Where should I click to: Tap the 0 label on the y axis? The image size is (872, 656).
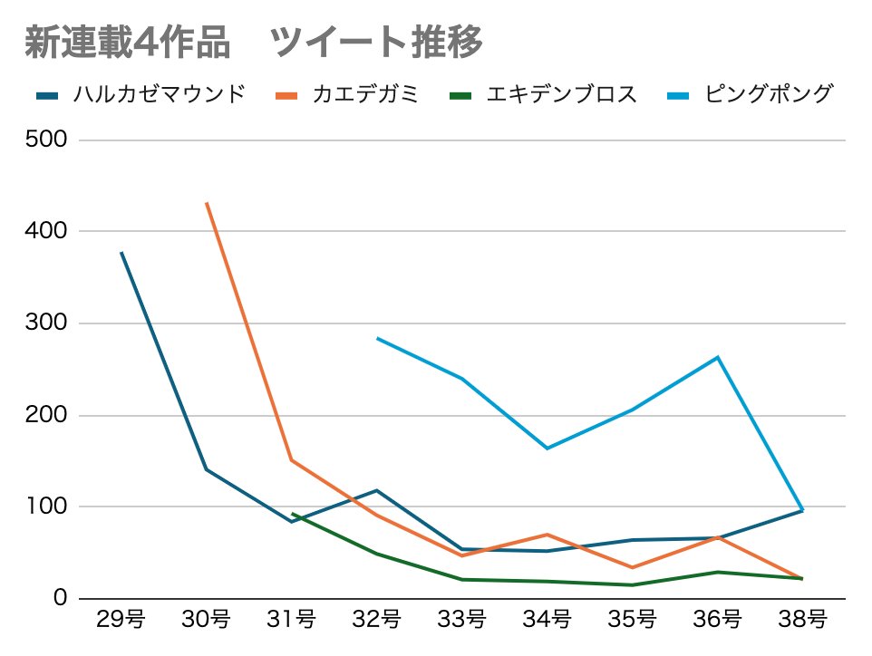[60, 598]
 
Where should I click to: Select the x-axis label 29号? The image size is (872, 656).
[121, 621]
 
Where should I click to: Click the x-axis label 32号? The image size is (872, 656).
[376, 621]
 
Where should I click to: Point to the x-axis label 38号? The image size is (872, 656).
[803, 621]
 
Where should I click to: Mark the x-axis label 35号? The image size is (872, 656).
[633, 621]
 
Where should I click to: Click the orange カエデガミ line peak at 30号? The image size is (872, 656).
[207, 203]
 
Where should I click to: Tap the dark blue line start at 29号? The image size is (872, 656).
[121, 253]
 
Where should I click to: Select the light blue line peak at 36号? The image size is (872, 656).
[718, 357]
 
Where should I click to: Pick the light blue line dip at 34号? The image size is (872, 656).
[547, 448]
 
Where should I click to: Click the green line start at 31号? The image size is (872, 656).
[292, 514]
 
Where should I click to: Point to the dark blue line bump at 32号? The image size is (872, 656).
[376, 490]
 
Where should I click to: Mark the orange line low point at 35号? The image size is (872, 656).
[633, 568]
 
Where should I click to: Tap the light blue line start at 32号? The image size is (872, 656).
[377, 339]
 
